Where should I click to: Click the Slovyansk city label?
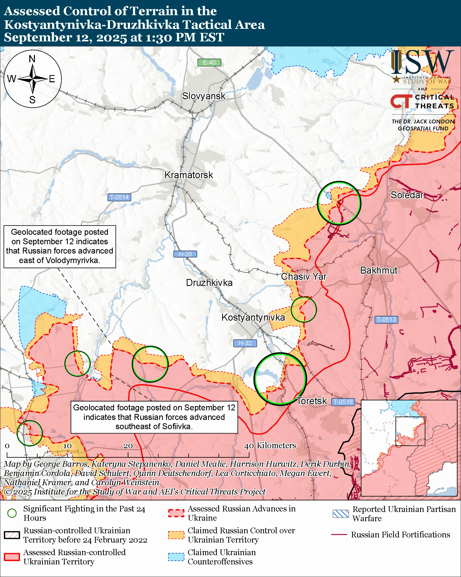tap(204, 96)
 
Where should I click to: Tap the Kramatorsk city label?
tap(189, 175)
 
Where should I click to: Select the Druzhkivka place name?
tap(209, 283)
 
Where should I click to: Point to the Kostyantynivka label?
tap(253, 317)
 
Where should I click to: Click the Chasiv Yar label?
tap(304, 276)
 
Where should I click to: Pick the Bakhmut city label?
tap(379, 270)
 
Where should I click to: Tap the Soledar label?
tap(407, 195)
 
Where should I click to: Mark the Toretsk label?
tap(312, 401)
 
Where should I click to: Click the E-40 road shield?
tap(209, 63)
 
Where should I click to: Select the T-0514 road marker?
tap(119, 197)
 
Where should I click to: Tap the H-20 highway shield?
tap(185, 254)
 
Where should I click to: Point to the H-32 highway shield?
tap(245, 343)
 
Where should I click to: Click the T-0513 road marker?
tap(386, 320)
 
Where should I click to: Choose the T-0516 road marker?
tap(343, 402)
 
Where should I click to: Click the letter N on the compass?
tap(32, 59)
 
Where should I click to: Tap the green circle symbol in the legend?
tap(12, 513)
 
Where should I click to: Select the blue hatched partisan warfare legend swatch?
tap(341, 514)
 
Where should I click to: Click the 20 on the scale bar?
tap(128, 446)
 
